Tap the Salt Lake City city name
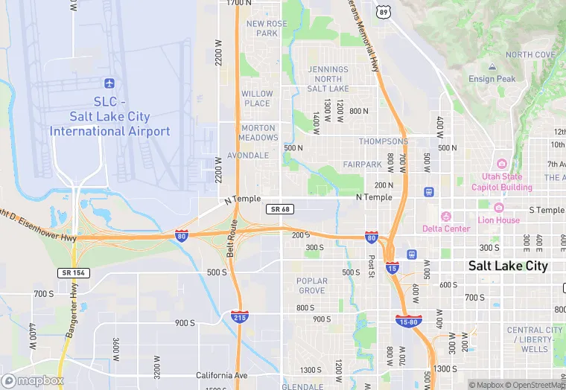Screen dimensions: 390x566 coord(507,266)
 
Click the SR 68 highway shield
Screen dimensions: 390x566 coord(279,210)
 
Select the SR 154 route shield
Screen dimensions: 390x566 coord(73,273)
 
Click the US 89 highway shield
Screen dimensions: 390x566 coord(383,11)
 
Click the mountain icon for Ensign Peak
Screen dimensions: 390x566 coord(492,68)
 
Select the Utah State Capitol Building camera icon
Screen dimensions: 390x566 coord(501,164)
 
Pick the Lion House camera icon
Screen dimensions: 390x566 coord(499,208)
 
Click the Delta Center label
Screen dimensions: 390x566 coord(446,228)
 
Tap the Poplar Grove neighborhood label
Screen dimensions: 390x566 coord(311,286)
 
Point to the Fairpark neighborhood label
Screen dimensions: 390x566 coord(363,164)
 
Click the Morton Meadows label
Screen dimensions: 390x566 coord(258,132)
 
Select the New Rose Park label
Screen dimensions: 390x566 coord(267,28)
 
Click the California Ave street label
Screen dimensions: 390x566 coord(221,375)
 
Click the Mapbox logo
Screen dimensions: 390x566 coord(33,380)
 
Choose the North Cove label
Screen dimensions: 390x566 coord(530,55)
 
